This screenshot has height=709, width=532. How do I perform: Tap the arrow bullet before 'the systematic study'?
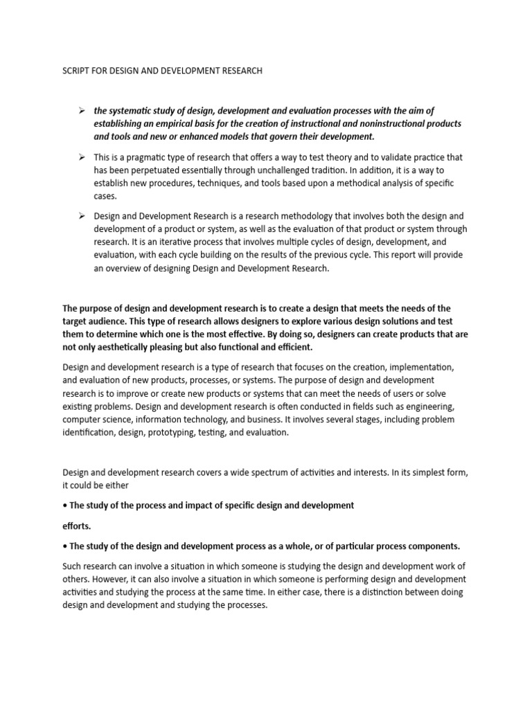point(81,111)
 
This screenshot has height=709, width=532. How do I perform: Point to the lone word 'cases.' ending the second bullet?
point(105,197)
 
